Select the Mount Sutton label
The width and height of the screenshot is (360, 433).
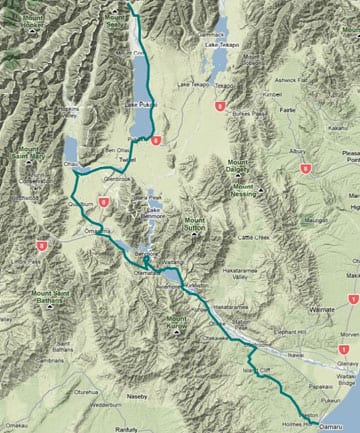pos(199,227)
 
